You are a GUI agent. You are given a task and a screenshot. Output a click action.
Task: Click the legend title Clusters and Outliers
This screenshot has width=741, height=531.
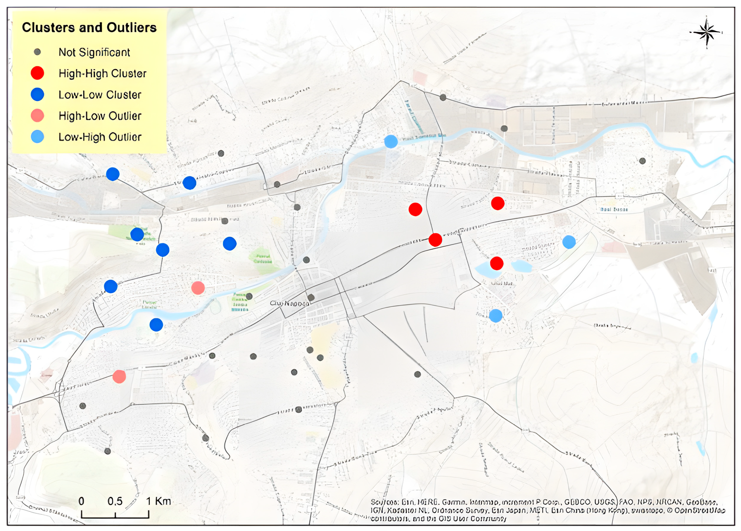(89, 28)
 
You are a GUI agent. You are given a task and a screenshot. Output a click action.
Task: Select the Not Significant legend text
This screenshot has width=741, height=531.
(94, 52)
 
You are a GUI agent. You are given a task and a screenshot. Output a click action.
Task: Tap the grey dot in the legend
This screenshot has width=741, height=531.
(37, 52)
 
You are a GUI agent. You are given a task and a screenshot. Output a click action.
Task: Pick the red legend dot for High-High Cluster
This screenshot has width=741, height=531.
(37, 73)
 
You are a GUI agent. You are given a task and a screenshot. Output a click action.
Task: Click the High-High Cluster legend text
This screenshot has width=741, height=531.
(102, 74)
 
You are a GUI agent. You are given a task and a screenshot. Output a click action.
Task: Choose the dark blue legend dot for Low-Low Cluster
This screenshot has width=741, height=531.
(37, 95)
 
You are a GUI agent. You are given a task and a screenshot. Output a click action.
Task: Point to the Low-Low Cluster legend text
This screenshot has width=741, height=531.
(100, 95)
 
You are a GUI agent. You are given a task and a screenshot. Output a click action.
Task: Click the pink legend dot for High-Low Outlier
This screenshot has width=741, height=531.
(37, 116)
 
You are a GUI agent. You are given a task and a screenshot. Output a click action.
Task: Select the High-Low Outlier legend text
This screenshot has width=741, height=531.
(100, 116)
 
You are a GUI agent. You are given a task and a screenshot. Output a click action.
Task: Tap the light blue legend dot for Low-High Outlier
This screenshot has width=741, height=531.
(37, 137)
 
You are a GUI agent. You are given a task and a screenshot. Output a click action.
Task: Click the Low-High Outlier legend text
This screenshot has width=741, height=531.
(100, 137)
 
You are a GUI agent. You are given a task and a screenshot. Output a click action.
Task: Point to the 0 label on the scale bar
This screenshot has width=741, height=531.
(81, 501)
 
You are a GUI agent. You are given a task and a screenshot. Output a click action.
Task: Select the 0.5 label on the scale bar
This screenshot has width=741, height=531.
(115, 501)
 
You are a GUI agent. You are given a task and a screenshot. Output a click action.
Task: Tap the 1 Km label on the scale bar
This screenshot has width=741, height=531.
(158, 501)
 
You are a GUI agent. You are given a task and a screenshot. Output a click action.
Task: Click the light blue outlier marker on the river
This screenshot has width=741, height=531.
(391, 142)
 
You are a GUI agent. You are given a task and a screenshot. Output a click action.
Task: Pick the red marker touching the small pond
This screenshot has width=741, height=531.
(496, 263)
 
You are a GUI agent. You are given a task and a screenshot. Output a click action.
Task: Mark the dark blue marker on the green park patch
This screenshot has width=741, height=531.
(137, 234)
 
